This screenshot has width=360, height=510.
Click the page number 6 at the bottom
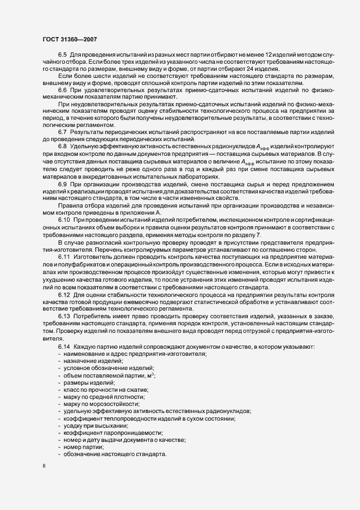coord(44,466)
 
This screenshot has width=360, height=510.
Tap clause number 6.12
coord(64,295)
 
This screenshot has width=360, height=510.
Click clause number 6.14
coord(64,348)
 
